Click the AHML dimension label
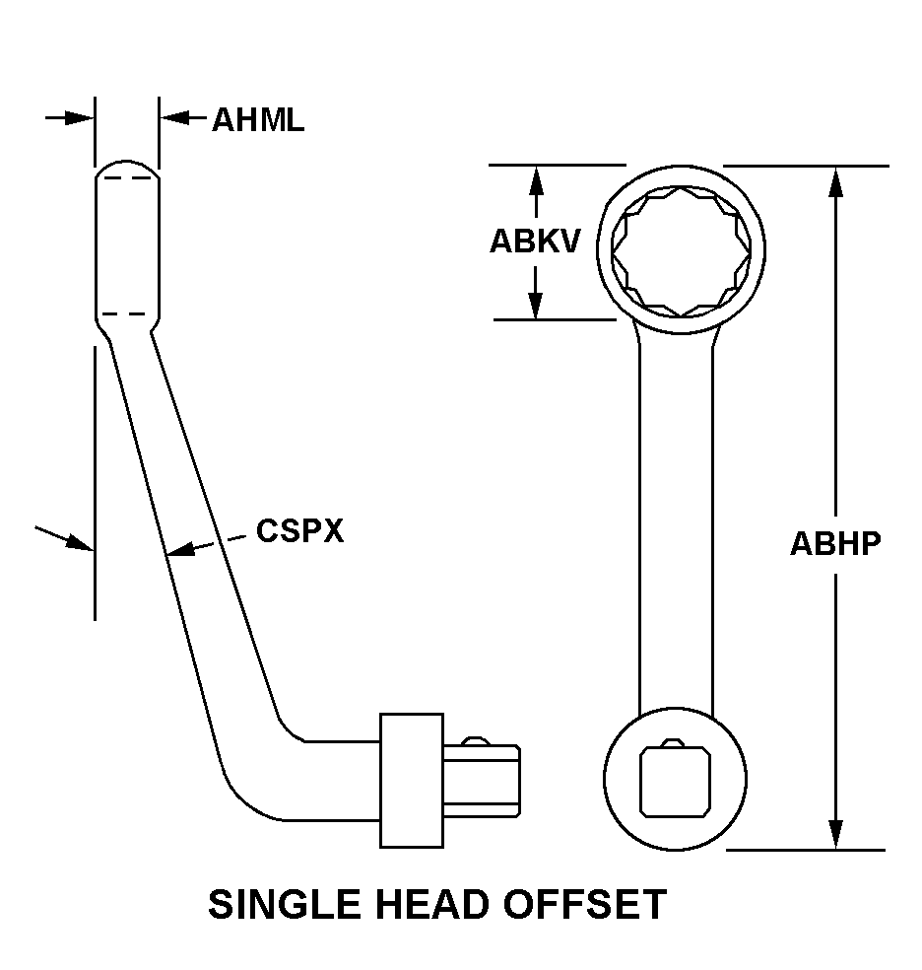tap(258, 120)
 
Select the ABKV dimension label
tap(535, 242)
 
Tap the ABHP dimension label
tap(835, 543)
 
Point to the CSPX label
tap(299, 531)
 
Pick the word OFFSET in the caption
tap(586, 904)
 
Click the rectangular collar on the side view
tap(410, 780)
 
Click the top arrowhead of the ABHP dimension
tap(835, 177)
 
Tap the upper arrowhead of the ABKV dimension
tap(535, 177)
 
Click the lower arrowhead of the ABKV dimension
tap(535, 307)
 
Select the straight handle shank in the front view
tap(676, 522)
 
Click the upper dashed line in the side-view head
tap(126, 178)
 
